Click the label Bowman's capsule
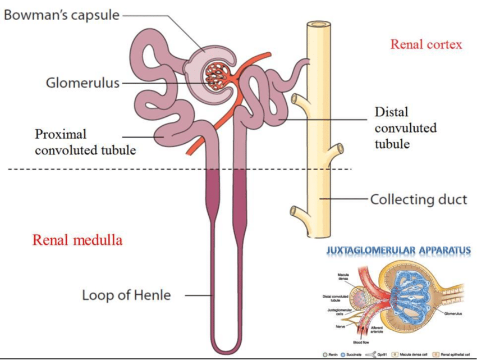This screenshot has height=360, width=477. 62,15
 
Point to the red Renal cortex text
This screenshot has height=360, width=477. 426,44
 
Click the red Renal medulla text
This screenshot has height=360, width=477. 77,240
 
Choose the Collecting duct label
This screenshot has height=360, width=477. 419,199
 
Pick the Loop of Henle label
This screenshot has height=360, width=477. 126,295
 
